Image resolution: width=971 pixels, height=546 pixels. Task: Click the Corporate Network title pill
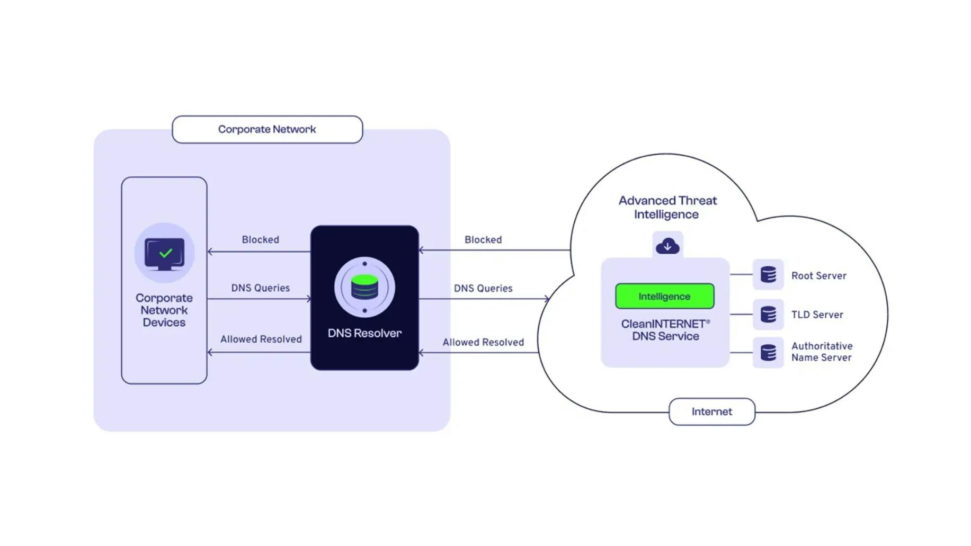click(x=267, y=129)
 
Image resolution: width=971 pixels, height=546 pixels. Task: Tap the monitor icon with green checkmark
click(x=165, y=254)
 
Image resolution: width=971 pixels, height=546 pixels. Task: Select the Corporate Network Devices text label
click(x=164, y=310)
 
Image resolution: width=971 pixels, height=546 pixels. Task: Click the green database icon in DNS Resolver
click(x=364, y=288)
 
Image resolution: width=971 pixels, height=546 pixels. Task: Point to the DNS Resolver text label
click(x=364, y=333)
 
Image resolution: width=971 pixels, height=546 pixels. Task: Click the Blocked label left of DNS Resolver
click(x=260, y=240)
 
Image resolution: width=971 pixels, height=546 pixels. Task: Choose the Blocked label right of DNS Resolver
click(x=483, y=240)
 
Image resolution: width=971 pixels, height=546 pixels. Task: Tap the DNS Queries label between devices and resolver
click(x=260, y=288)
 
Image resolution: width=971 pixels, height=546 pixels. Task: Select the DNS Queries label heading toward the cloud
click(x=483, y=289)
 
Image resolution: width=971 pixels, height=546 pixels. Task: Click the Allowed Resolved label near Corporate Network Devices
click(x=261, y=339)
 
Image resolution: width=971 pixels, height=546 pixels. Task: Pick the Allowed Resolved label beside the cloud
click(x=483, y=343)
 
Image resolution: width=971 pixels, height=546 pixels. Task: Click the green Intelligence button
click(x=664, y=297)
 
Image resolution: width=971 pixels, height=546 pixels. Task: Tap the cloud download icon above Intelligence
click(x=667, y=246)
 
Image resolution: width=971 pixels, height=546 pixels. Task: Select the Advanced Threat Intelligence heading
click(x=667, y=208)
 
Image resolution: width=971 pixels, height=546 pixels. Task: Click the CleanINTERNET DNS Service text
click(x=665, y=330)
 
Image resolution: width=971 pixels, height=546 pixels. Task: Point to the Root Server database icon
click(x=768, y=275)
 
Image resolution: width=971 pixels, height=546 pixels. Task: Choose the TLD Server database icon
click(x=768, y=315)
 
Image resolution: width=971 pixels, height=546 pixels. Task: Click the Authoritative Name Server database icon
click(x=768, y=353)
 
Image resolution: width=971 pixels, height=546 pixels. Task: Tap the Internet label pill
click(x=711, y=411)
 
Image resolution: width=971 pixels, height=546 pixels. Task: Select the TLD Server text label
click(x=817, y=315)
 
